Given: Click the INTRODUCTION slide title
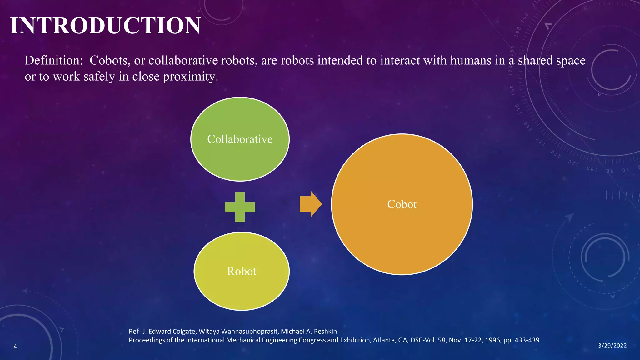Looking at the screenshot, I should (105, 26).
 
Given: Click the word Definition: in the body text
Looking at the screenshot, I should (53, 60).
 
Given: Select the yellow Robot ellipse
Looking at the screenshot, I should (241, 287).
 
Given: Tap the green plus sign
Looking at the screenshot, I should (240, 207).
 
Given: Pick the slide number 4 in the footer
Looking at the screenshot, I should (15, 347).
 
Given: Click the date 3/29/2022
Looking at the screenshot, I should (612, 346).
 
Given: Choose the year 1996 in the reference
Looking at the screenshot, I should (492, 340).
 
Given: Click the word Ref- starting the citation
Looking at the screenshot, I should (135, 331).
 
